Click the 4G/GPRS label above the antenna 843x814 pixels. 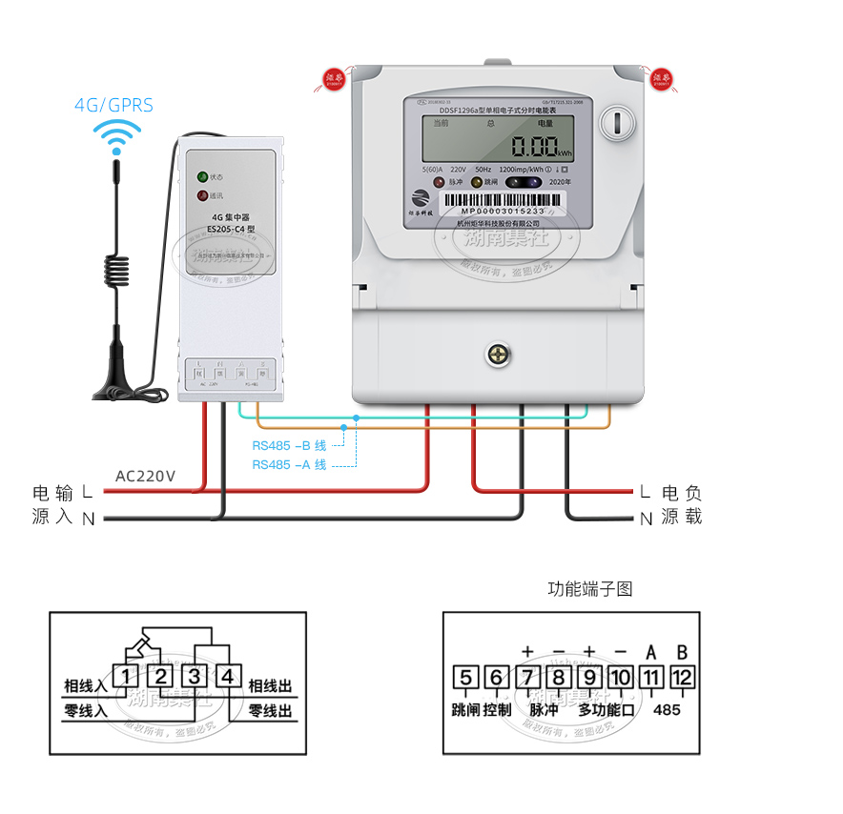coord(113,105)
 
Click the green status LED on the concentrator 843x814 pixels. coord(202,177)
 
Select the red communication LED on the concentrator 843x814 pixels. coord(202,196)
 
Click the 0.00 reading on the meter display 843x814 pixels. coord(533,147)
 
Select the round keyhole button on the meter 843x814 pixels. coord(617,122)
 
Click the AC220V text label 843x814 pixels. coord(145,476)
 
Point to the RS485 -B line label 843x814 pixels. coord(289,445)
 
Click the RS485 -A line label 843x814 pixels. coord(289,464)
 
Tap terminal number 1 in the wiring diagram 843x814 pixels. coord(126,677)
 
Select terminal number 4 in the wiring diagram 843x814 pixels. coord(228,677)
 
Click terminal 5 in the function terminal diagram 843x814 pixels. coord(465,678)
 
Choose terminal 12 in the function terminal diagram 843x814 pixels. coord(683,678)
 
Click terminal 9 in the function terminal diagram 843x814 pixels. coord(589,678)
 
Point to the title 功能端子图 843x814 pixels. coord(589,588)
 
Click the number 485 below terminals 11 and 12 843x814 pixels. coord(667,709)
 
